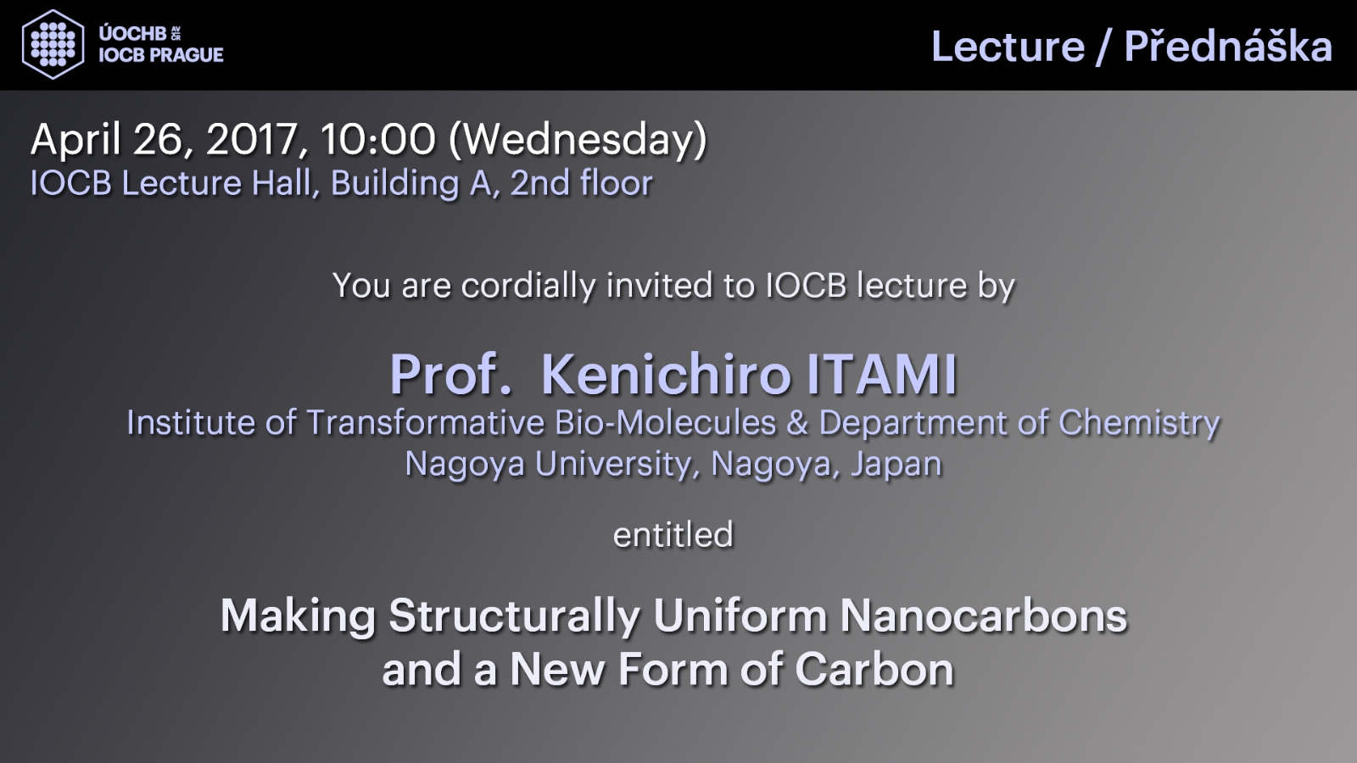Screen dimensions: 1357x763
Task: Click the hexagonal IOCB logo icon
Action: click(x=53, y=44)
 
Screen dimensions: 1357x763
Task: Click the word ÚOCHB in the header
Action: click(x=132, y=33)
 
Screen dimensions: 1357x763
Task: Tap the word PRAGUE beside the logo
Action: click(x=186, y=54)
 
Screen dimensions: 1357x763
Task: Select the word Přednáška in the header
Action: click(x=1228, y=46)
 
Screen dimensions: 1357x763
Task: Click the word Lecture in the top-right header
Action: click(x=1008, y=47)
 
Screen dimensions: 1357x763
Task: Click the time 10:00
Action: click(x=378, y=139)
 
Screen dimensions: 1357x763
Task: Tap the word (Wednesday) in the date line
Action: click(x=578, y=141)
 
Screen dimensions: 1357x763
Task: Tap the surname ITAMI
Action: click(x=881, y=374)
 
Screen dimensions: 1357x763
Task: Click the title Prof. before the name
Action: click(x=450, y=374)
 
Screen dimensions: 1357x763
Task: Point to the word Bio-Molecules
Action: click(x=666, y=423)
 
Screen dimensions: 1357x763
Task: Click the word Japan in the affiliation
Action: click(x=896, y=465)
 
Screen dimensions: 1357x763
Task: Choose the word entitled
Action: click(x=673, y=535)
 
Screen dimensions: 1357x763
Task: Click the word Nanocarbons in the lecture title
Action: click(x=983, y=616)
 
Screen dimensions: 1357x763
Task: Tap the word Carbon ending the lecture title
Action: click(x=874, y=670)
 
